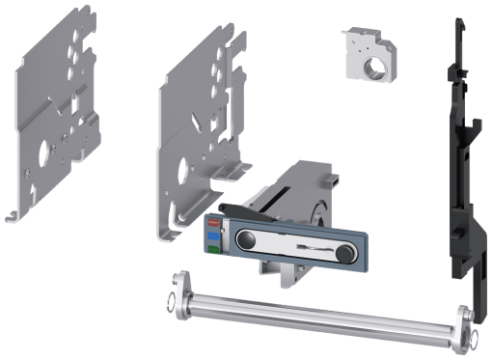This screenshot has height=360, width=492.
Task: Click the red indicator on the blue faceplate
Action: click(x=212, y=221)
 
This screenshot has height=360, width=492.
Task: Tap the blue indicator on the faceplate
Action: click(x=212, y=235)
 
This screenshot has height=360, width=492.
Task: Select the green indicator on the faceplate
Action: click(x=212, y=249)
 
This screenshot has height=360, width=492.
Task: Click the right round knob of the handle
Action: click(x=343, y=254)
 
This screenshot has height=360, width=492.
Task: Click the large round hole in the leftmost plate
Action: click(x=42, y=154)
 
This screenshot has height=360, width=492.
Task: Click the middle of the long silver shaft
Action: click(x=318, y=308)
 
